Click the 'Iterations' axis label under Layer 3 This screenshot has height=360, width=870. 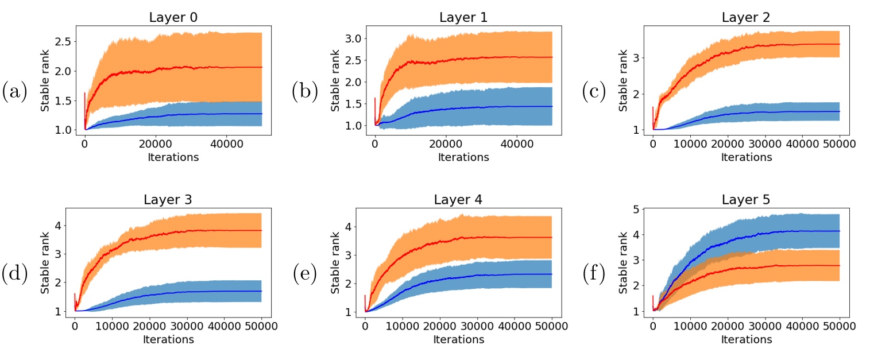point(169,339)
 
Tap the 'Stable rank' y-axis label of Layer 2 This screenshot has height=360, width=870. point(622,80)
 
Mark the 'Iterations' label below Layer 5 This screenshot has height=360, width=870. point(747,339)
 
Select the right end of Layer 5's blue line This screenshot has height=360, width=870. point(840,231)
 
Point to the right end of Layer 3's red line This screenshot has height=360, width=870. point(261,230)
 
